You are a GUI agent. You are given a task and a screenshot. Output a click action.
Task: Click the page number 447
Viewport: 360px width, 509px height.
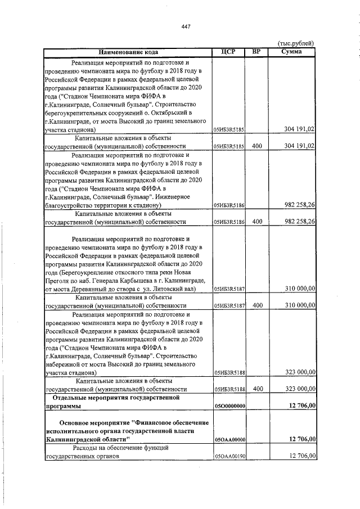[x=186, y=26]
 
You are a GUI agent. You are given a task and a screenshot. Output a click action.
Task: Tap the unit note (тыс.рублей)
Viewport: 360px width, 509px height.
[x=296, y=44]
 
